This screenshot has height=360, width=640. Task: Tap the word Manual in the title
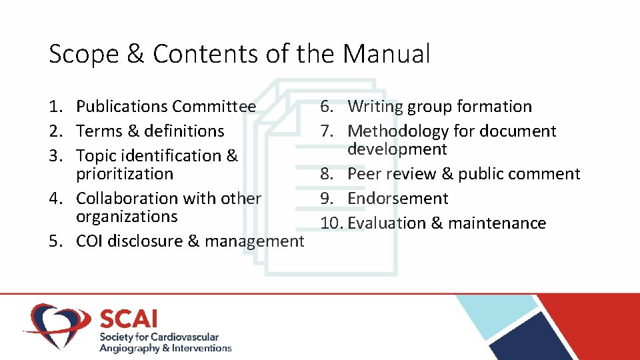tap(387, 54)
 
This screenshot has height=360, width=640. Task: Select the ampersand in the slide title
tap(135, 54)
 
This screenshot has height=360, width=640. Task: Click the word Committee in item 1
tap(214, 107)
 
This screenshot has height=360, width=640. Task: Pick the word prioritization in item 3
tap(125, 174)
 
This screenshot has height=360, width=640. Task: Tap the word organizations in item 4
tap(127, 217)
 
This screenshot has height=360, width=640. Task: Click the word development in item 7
tap(397, 149)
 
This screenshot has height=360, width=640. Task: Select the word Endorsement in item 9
tap(398, 199)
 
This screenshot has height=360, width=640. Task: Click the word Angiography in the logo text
tap(129, 348)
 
